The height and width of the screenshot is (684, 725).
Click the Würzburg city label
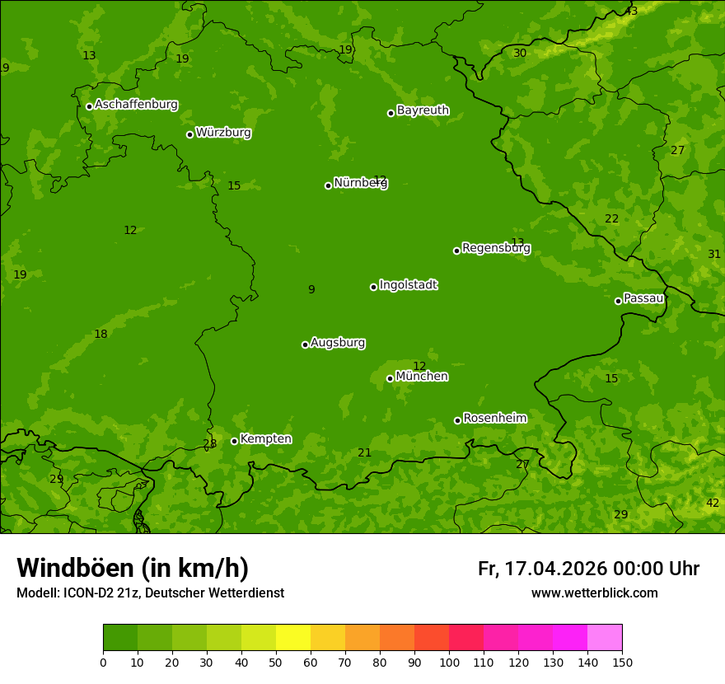point(223,133)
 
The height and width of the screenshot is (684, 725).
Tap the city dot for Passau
point(618,301)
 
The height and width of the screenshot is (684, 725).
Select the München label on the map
point(422,377)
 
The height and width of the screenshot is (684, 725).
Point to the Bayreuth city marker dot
point(391,113)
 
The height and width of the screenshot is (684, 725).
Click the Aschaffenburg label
point(136,105)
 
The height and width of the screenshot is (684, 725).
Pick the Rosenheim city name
point(495,419)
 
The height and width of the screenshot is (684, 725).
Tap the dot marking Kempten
point(234,441)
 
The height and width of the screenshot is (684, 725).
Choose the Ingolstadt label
point(408,285)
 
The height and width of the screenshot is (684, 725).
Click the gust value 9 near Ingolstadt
point(311,289)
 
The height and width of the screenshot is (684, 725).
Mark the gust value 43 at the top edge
point(631,12)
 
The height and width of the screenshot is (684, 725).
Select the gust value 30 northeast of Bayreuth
point(520,54)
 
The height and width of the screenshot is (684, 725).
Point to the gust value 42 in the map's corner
point(713,504)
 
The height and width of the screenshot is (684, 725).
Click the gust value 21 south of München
point(364,453)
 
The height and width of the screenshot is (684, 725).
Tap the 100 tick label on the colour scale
point(449,662)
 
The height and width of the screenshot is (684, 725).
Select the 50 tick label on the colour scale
point(276,662)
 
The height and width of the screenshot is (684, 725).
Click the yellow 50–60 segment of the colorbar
point(293,638)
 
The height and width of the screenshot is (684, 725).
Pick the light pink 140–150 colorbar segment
point(605,638)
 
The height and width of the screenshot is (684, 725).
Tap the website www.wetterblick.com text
point(594,593)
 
